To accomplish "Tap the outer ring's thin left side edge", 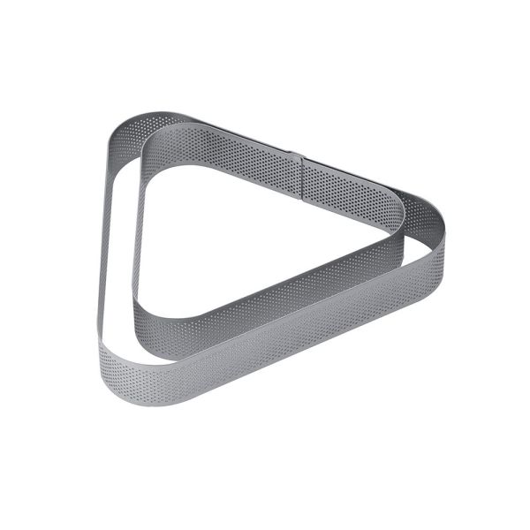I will click(x=102, y=238).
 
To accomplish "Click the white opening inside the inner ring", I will click(x=256, y=230).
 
